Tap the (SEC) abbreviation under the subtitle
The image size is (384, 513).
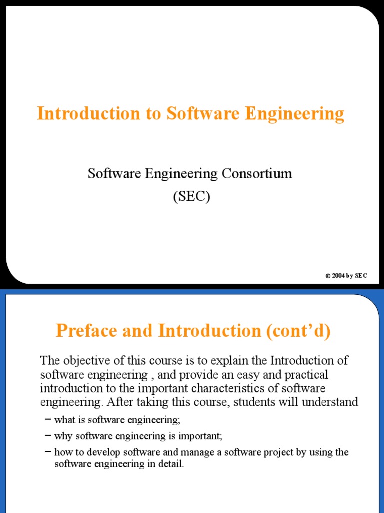pos(192,197)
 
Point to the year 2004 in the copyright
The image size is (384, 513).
pos(338,276)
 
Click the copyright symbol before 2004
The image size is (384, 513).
pos(328,276)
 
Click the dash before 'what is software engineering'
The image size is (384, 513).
pos(47,419)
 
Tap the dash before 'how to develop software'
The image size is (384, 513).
pos(47,452)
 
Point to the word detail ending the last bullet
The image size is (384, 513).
pos(173,464)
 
